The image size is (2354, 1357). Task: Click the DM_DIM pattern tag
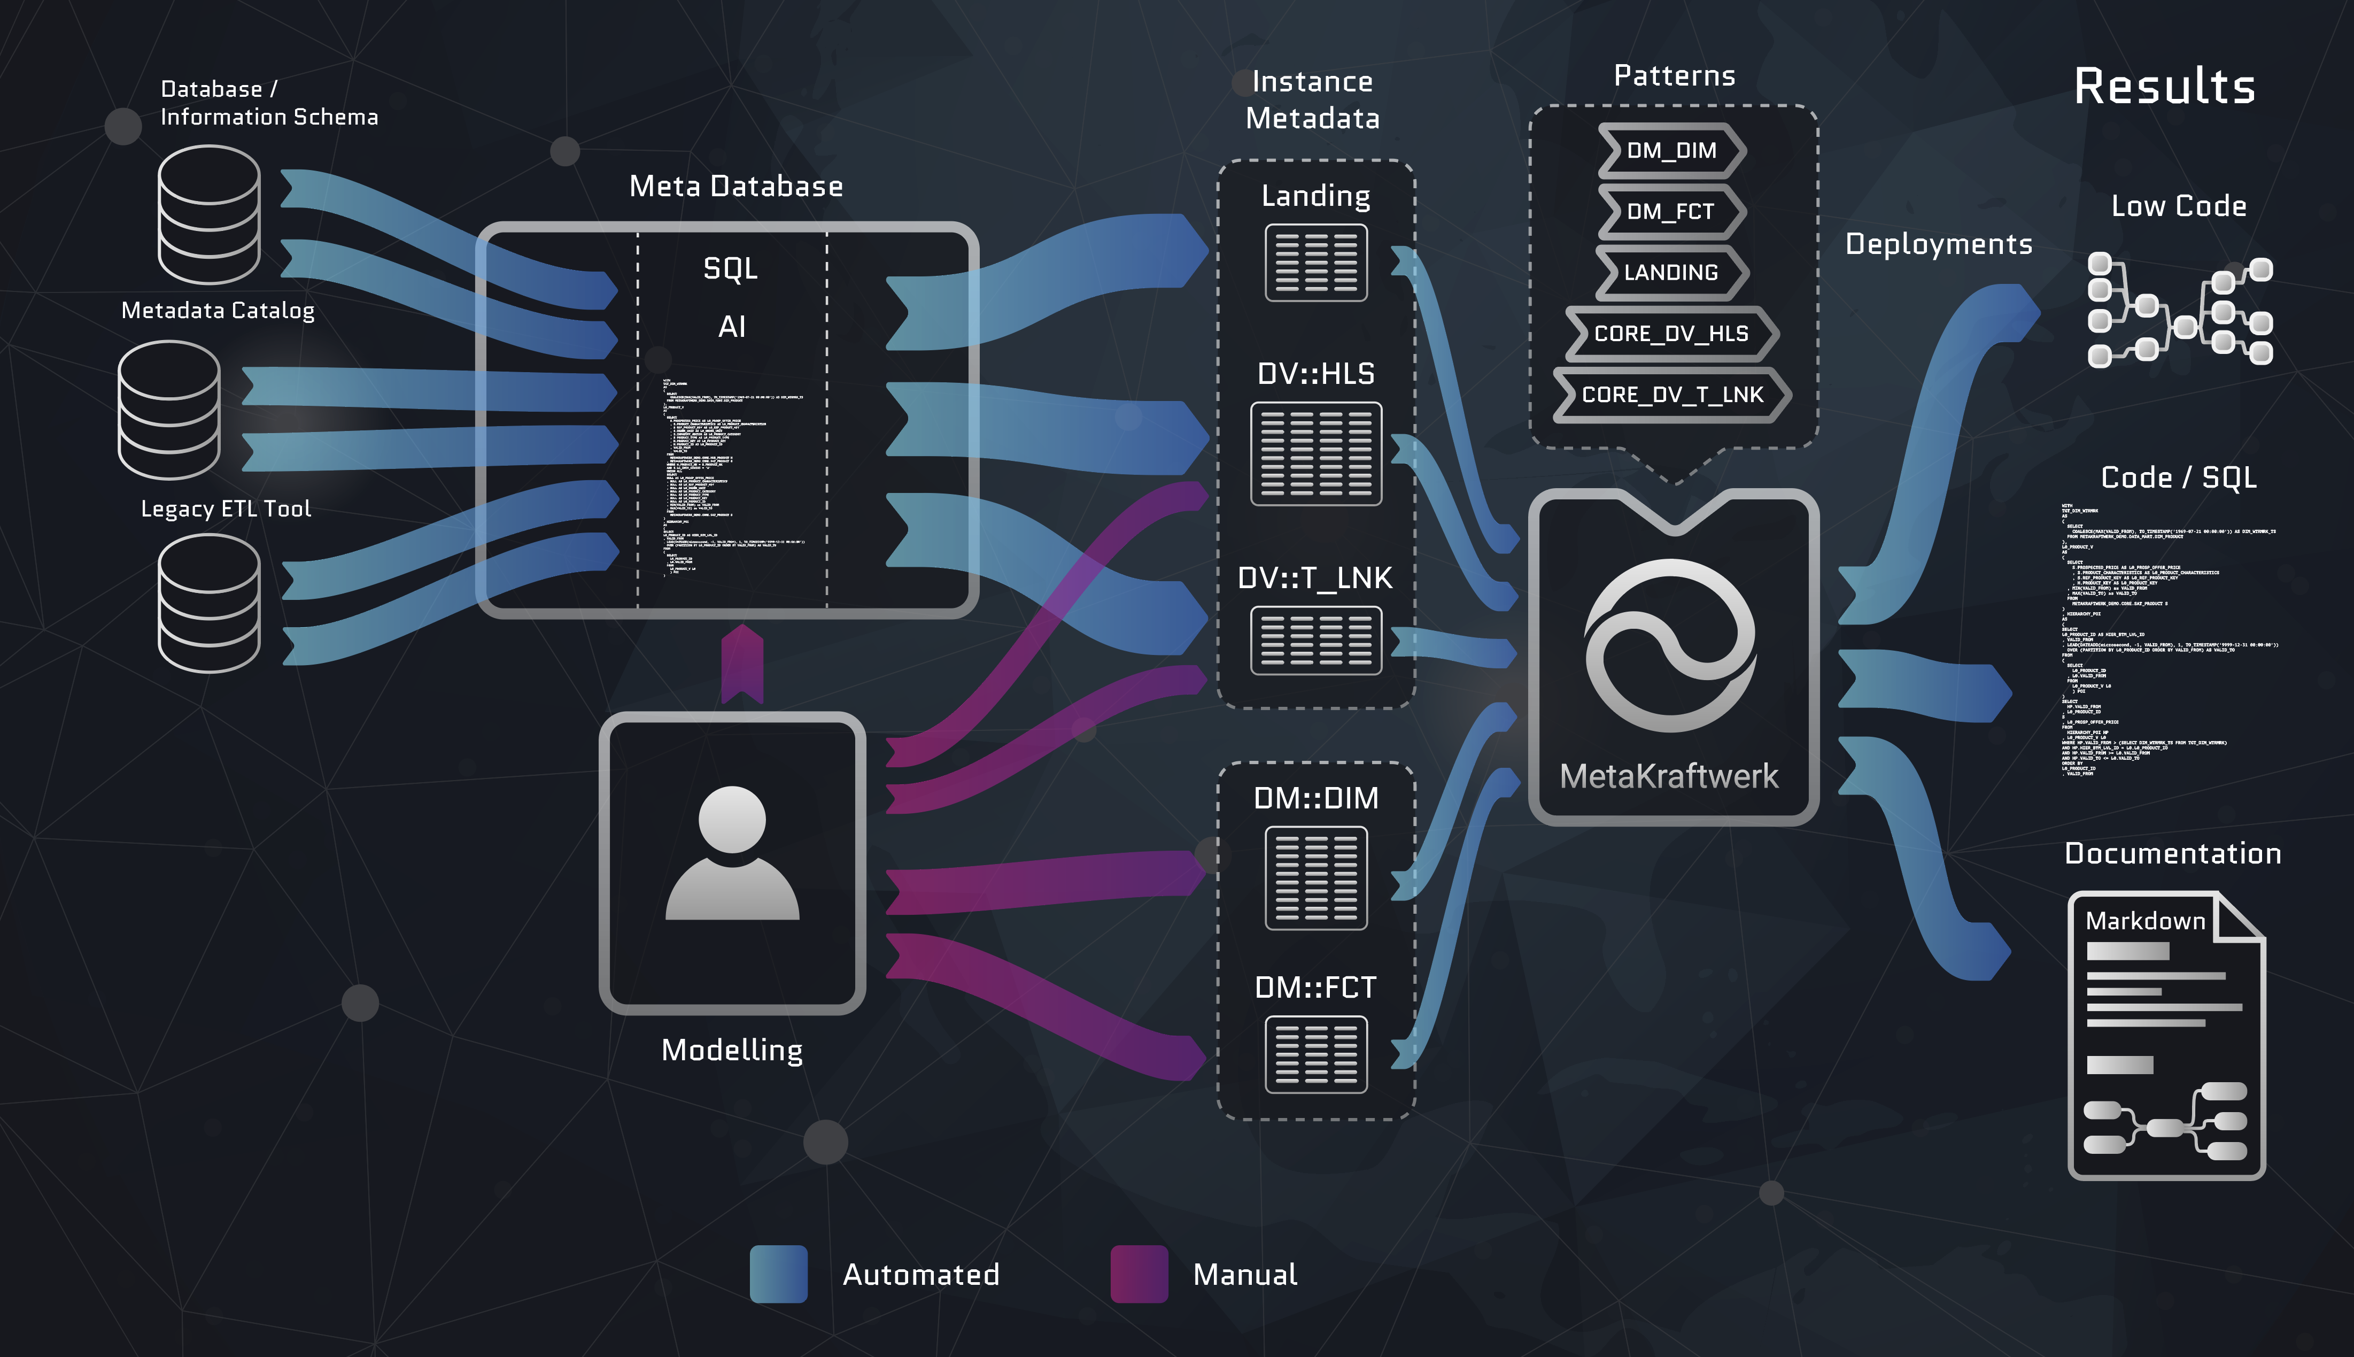click(x=1671, y=151)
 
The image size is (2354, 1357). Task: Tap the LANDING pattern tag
click(x=1671, y=272)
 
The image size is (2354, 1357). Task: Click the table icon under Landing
click(x=1315, y=263)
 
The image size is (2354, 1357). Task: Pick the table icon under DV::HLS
click(x=1315, y=454)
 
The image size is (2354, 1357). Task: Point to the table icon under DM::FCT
click(x=1315, y=1054)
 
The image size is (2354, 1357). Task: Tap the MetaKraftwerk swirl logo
click(x=1671, y=645)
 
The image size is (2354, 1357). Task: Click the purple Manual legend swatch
click(x=1139, y=1274)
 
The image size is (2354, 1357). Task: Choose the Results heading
click(x=2164, y=87)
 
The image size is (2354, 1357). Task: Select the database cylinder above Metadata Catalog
click(x=208, y=214)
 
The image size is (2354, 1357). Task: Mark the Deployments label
click(x=1939, y=244)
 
